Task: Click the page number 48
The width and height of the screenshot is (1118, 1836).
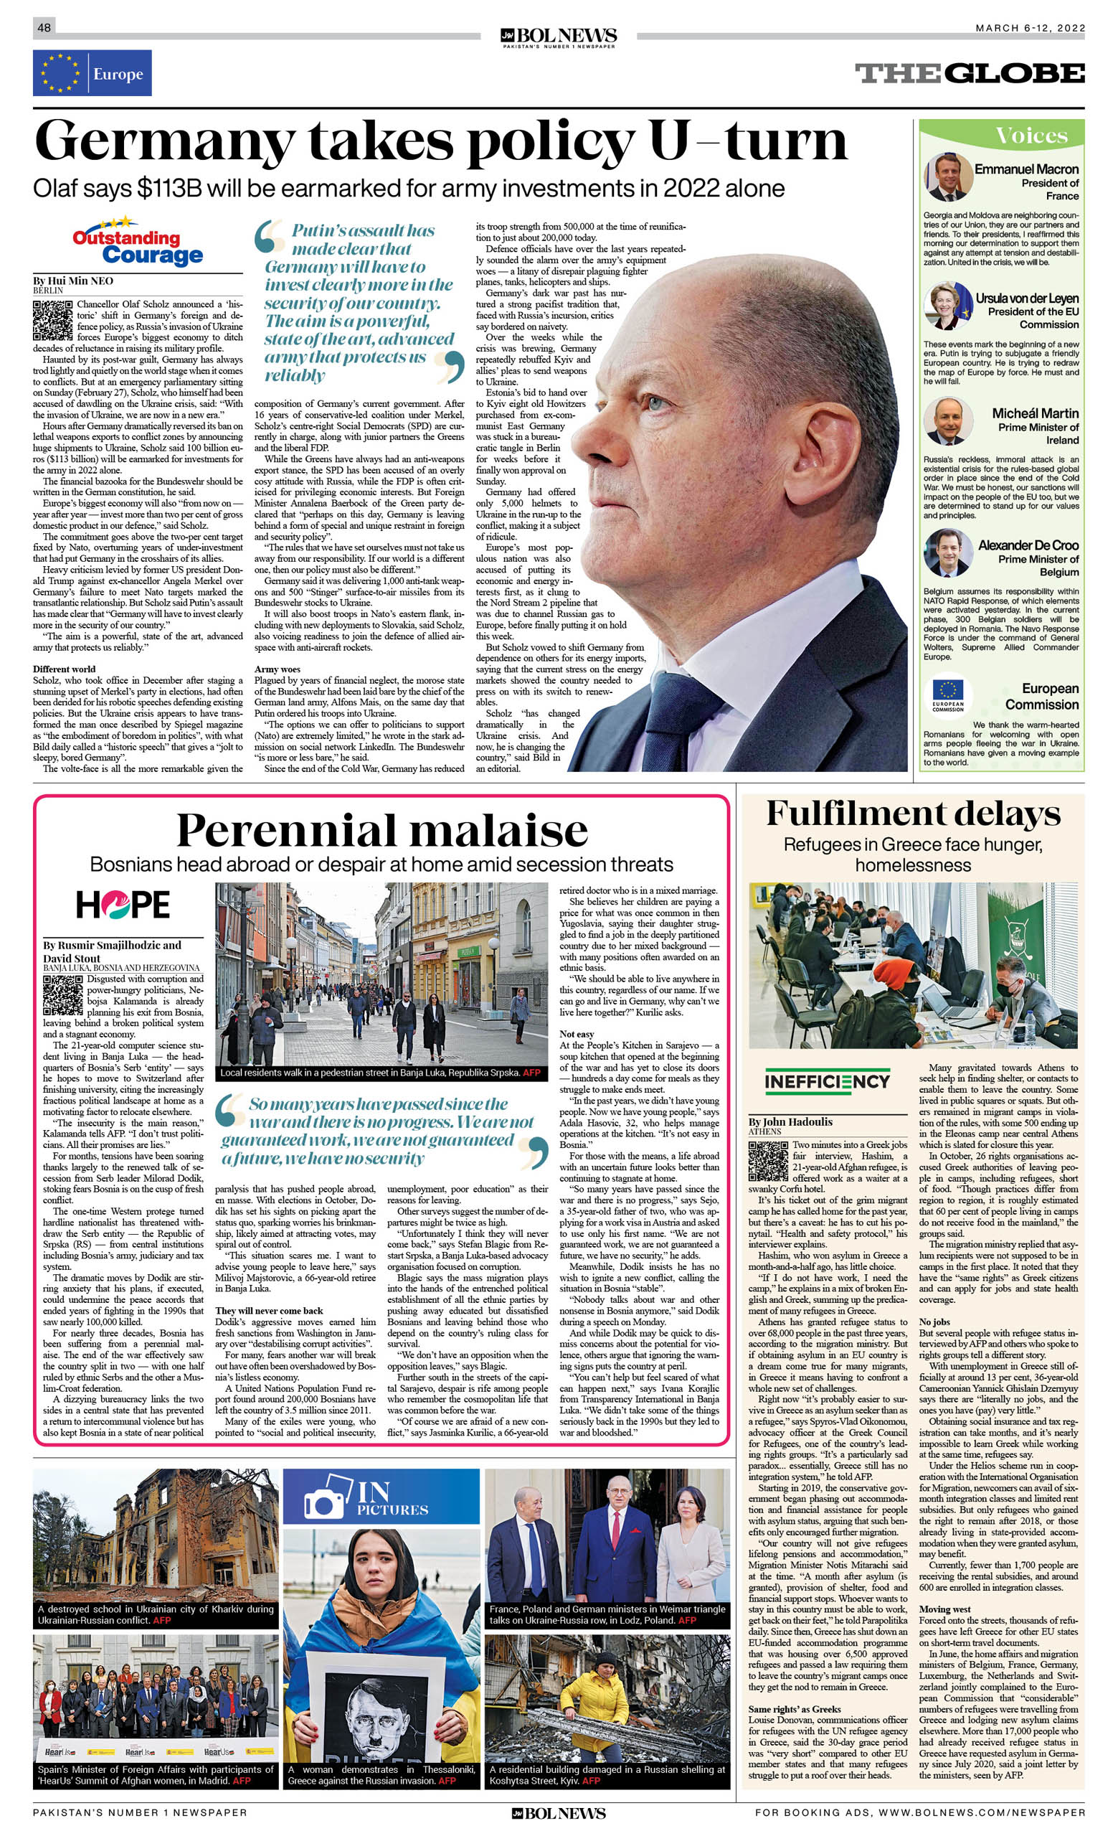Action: tap(44, 27)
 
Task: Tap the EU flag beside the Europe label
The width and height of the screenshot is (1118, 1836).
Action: tap(60, 73)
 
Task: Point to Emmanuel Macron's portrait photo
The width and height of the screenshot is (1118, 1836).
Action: tap(947, 177)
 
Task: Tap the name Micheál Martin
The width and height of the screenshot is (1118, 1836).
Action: tap(1035, 413)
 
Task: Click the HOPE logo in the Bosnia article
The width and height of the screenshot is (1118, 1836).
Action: tap(123, 905)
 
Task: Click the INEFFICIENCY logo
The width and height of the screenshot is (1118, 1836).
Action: tap(827, 1081)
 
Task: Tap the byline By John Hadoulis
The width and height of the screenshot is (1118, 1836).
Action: tap(790, 1121)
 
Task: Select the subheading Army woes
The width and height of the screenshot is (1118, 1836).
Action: tap(277, 669)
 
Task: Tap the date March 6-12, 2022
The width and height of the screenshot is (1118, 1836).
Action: tap(1030, 27)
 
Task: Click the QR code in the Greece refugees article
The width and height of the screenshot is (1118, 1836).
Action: tap(768, 1160)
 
